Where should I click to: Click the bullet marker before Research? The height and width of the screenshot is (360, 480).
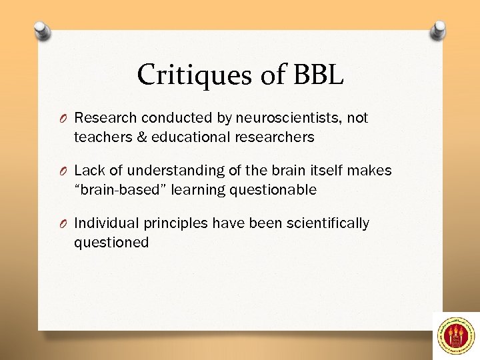click(x=63, y=119)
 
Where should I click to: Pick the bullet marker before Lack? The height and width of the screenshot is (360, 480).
click(x=63, y=171)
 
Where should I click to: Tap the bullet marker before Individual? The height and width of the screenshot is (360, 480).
click(x=63, y=223)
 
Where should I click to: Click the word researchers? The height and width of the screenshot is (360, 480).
click(x=276, y=137)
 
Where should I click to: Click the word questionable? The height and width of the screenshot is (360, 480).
click(x=273, y=190)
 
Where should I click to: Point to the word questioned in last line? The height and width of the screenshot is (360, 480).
click(x=111, y=242)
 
